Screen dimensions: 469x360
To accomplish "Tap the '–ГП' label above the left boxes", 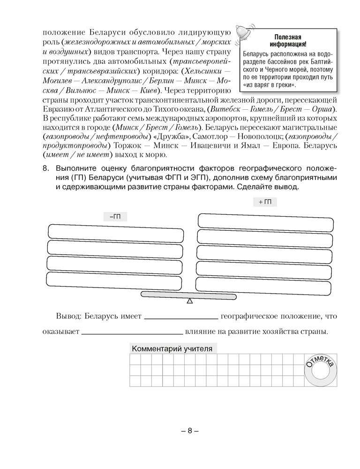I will point(115,216).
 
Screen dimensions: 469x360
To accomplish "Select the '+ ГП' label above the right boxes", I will point(265,202).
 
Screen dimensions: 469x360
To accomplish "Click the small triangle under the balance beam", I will point(189,301).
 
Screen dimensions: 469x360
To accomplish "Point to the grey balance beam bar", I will point(189,295).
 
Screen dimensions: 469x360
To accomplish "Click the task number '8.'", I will point(45,168).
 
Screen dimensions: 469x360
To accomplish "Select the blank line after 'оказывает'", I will point(133,333).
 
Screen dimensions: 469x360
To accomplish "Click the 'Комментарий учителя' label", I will point(172,349).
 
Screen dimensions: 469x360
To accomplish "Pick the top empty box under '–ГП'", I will point(116,232).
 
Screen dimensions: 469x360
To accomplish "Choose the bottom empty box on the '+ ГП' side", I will point(264,284).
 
